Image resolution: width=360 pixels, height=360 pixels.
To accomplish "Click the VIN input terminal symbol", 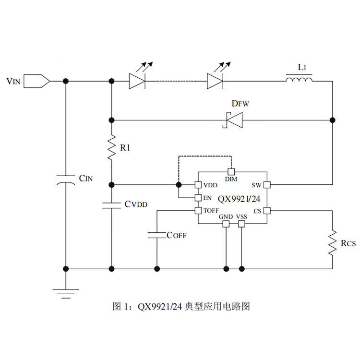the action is click(x=37, y=81).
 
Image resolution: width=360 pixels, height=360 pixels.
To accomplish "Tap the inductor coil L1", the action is click(x=299, y=80).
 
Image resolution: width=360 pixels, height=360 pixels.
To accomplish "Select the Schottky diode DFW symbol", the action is click(x=233, y=120).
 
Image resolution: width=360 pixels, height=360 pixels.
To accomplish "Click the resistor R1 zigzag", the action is click(x=111, y=147).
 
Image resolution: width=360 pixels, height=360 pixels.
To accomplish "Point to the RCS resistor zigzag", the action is click(x=333, y=243).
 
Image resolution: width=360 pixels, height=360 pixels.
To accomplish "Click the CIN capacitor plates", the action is click(x=66, y=180).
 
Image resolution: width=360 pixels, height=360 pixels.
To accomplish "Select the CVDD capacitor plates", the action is click(x=111, y=205).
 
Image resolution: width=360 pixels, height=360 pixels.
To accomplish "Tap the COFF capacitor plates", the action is click(x=157, y=235).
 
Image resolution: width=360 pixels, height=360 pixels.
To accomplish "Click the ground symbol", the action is click(x=66, y=294).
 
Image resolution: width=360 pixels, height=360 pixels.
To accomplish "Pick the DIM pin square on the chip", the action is click(x=231, y=172).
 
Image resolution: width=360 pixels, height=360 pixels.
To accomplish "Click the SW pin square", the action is click(x=267, y=185).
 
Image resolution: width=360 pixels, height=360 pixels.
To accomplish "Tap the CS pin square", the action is click(x=267, y=211).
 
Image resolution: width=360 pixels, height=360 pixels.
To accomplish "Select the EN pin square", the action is click(x=198, y=198).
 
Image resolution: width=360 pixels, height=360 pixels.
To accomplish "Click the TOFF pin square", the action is click(x=198, y=211).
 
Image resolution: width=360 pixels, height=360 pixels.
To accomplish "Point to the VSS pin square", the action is click(x=241, y=224).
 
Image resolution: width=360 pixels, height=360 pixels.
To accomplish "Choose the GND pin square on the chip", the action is click(x=226, y=224).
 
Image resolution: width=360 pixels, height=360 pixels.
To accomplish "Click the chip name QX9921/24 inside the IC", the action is click(x=239, y=199).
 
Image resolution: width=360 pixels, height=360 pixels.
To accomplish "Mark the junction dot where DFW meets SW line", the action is click(x=333, y=120).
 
